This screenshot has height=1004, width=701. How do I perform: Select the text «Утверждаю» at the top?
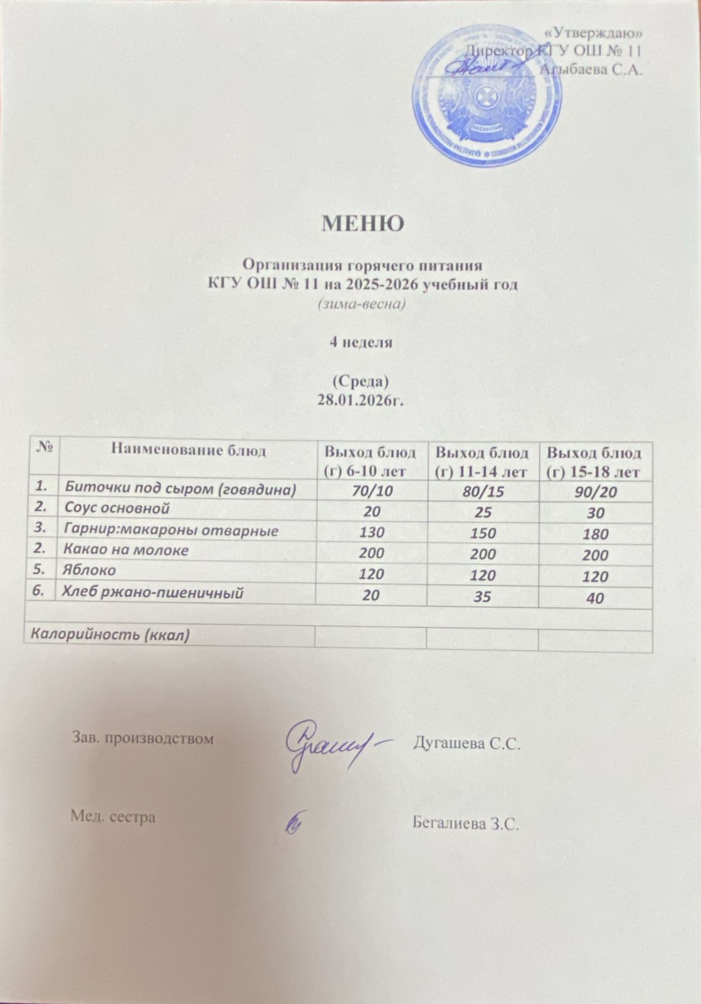(591, 33)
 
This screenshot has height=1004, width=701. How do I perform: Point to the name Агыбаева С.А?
(591, 70)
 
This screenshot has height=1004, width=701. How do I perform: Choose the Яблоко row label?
(90, 570)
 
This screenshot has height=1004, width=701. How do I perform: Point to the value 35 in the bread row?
(482, 595)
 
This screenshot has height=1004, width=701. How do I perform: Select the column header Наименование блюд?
(188, 449)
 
